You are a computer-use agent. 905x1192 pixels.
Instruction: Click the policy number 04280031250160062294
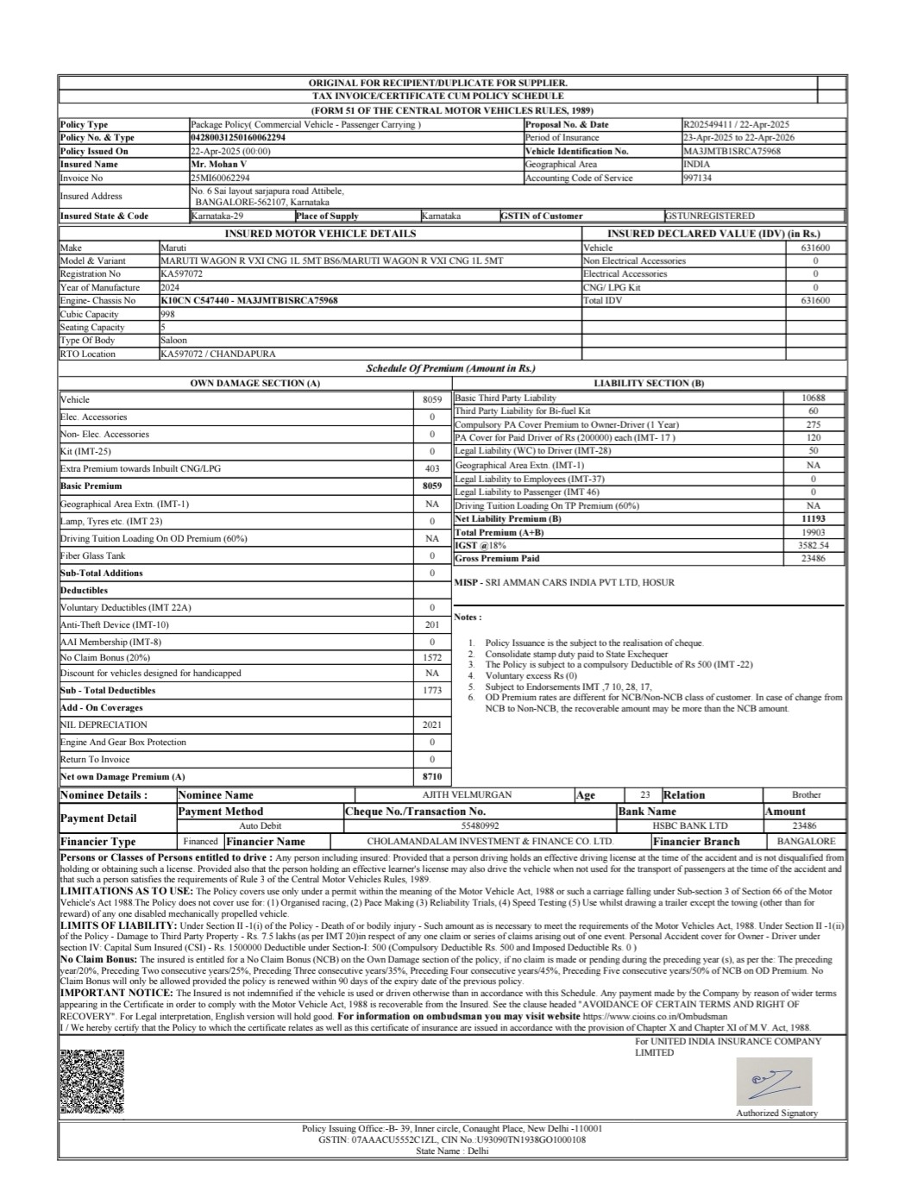238,138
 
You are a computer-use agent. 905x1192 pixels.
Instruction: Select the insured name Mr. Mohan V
218,164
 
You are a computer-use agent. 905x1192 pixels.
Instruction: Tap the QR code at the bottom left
91,1082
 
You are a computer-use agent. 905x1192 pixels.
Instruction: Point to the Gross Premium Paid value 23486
813,559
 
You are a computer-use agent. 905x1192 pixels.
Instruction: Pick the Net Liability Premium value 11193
813,519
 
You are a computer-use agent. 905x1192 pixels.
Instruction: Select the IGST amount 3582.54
813,546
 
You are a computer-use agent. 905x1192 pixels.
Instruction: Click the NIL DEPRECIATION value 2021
432,725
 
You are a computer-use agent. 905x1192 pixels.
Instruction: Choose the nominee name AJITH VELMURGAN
467,795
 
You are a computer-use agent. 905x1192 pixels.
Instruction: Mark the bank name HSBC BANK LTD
690,825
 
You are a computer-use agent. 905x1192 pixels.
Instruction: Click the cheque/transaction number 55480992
481,825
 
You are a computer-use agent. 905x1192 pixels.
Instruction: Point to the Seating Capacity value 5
163,328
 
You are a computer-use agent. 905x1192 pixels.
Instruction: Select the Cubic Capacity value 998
167,315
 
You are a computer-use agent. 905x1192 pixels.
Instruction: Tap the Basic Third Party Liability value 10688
813,398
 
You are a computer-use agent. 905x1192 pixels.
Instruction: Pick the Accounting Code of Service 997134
697,179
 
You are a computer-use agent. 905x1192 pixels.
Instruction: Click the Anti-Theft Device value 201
432,625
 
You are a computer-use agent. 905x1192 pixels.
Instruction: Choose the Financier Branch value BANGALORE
806,841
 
